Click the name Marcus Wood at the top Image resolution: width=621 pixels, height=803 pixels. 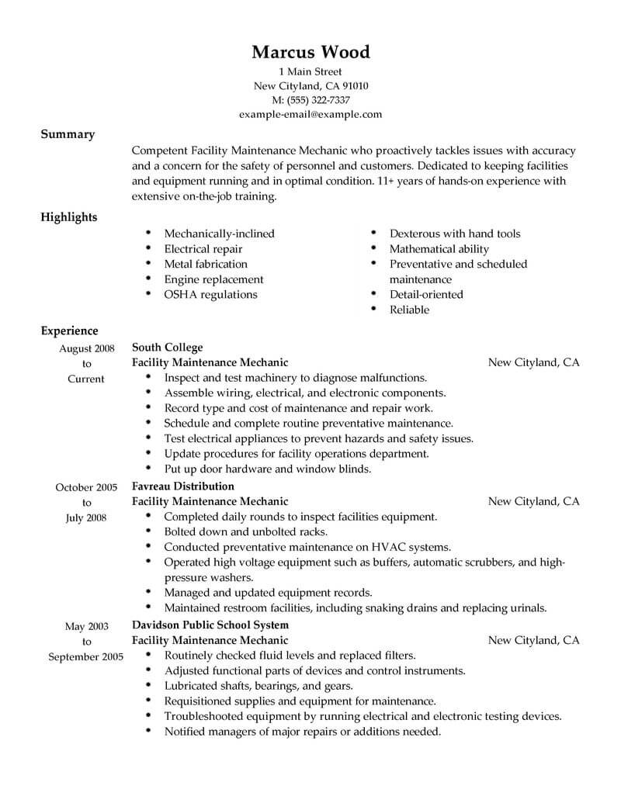pos(310,53)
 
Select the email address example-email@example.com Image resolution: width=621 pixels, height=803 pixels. pos(310,114)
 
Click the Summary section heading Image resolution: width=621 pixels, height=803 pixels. pos(68,134)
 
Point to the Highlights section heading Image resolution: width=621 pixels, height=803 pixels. pos(69,217)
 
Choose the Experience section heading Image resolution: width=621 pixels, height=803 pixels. pos(69,331)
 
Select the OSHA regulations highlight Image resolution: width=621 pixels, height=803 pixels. pos(210,294)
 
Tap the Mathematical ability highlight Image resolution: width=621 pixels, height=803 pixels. pos(439,249)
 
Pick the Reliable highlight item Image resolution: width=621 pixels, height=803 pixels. pos(409,310)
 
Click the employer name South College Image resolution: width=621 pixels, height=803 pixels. pos(168,348)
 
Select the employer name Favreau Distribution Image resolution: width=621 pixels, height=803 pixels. pos(183,486)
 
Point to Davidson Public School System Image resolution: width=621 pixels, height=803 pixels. pos(210,625)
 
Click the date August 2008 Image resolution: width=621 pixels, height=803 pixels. pos(87,348)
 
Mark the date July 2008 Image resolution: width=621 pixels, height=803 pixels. pos(87,517)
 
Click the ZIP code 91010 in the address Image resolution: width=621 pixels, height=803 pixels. pos(352,85)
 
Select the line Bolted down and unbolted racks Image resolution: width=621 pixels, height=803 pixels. pos(246,531)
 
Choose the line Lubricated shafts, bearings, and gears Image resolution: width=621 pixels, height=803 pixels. pos(258,686)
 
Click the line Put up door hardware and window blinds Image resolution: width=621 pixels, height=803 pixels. pos(268,469)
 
